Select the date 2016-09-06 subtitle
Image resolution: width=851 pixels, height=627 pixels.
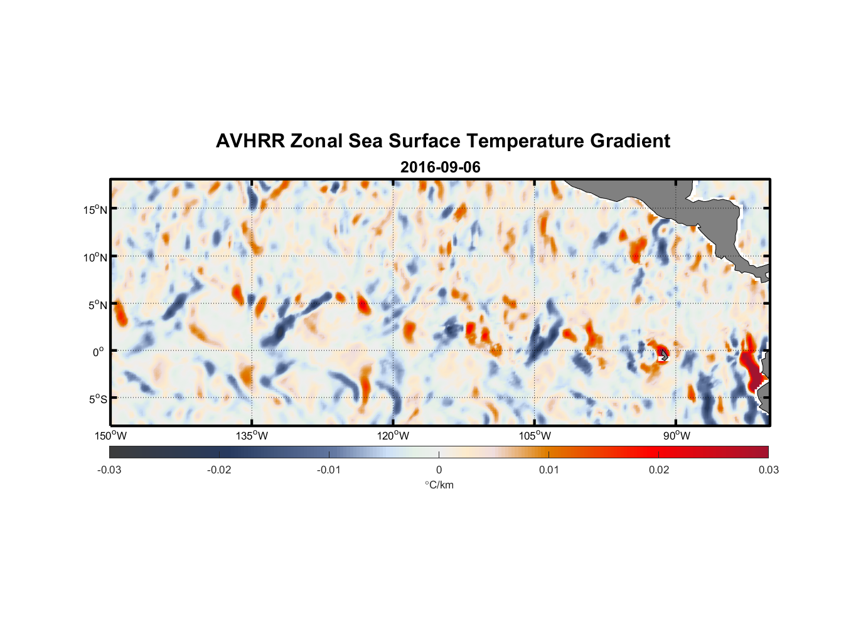point(440,167)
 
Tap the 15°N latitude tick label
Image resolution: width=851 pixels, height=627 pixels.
point(95,209)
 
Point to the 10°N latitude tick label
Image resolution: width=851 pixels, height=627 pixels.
point(95,257)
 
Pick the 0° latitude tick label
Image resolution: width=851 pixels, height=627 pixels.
point(99,352)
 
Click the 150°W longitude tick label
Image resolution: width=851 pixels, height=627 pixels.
point(111,436)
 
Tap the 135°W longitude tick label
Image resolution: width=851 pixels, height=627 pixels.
point(252,436)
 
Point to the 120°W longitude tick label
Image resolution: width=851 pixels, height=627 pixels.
point(393,436)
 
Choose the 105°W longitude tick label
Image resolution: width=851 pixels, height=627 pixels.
point(535,436)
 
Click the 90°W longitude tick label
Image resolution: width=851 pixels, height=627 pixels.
point(676,436)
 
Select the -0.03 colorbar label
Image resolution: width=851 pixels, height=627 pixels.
point(109,470)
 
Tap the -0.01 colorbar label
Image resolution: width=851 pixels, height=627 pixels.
point(329,470)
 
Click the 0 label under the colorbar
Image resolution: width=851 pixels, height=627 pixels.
point(439,470)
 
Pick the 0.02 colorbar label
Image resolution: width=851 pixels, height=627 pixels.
point(659,470)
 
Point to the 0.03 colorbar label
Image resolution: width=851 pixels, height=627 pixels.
point(768,470)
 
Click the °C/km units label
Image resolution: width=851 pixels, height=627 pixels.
point(439,485)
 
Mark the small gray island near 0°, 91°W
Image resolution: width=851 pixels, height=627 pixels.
point(663,355)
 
